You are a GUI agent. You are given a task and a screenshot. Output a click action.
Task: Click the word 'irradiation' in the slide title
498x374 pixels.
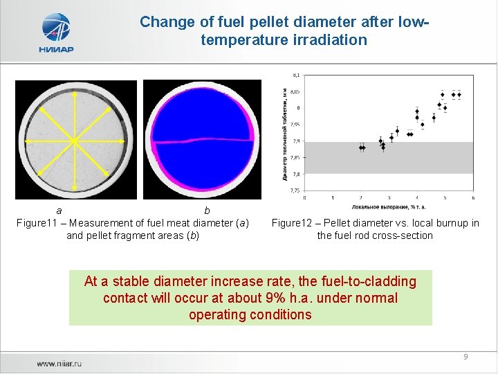[x=331, y=40]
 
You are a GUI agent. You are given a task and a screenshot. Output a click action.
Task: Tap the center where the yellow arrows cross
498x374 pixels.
[x=73, y=141]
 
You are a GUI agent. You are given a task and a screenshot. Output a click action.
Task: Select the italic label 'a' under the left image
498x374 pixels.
[x=59, y=210]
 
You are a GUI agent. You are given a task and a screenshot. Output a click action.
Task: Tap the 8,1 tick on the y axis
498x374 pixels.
[x=296, y=74]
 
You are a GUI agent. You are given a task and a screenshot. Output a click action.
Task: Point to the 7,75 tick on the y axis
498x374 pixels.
[x=295, y=190]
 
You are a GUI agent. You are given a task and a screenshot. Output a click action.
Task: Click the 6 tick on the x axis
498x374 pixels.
[x=473, y=197]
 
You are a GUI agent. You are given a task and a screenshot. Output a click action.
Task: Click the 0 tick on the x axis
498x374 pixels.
[x=305, y=197]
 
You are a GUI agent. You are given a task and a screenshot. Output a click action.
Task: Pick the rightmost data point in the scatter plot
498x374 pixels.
[x=459, y=95]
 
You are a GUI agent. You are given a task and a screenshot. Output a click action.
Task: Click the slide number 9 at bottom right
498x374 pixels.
[x=465, y=357]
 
